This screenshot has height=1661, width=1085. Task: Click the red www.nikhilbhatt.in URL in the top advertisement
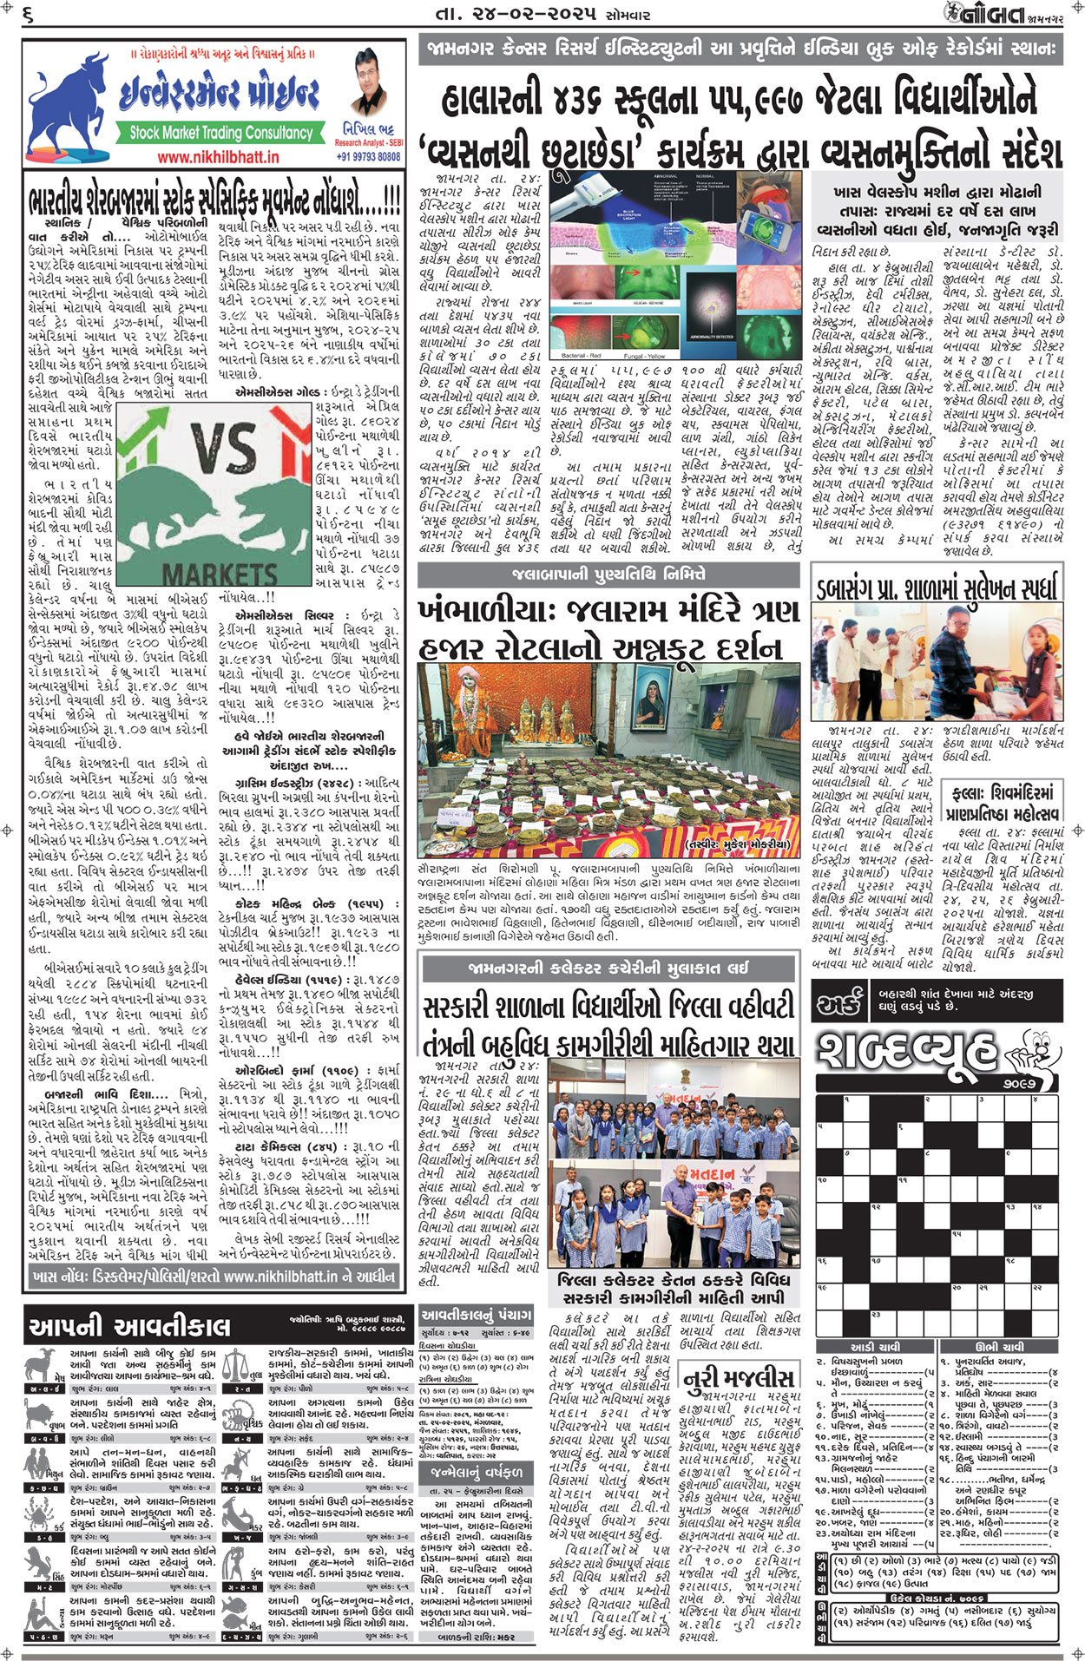(218, 157)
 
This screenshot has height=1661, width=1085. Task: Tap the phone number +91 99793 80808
(368, 157)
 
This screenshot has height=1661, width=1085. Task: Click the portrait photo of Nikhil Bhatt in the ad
(369, 84)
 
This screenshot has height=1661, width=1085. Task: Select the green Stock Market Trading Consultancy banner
(220, 133)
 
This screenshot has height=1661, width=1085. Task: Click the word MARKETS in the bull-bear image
(220, 574)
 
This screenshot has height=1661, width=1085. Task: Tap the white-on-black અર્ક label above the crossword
(838, 1004)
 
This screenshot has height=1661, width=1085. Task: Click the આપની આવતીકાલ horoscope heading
(130, 1326)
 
